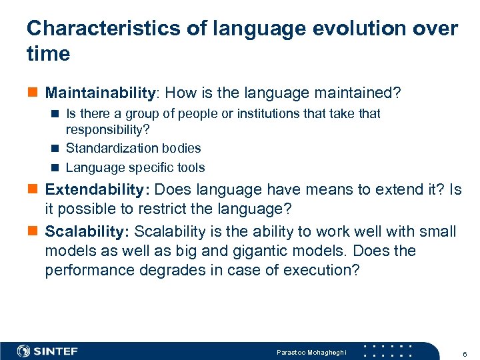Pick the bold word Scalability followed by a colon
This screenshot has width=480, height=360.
[x=87, y=231]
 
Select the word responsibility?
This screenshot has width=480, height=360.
[x=107, y=129]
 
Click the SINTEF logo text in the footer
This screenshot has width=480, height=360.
[x=55, y=351]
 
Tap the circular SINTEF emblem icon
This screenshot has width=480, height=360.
[x=24, y=351]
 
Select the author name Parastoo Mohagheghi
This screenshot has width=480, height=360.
[x=311, y=351]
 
